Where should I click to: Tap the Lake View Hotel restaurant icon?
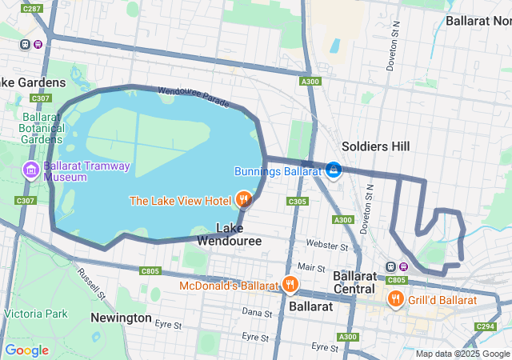click(x=243, y=199)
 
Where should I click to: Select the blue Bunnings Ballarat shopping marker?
click(x=334, y=170)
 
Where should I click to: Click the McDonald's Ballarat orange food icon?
click(x=290, y=284)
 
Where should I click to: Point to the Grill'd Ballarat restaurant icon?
click(x=395, y=299)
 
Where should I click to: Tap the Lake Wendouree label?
click(x=228, y=234)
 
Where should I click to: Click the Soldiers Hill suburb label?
click(x=375, y=146)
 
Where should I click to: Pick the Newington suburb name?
click(x=121, y=318)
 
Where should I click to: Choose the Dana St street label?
click(x=257, y=312)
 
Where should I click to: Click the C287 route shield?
click(x=32, y=8)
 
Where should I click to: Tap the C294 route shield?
click(x=485, y=326)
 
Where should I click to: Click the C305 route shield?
click(x=296, y=202)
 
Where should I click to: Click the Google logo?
click(x=26, y=350)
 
